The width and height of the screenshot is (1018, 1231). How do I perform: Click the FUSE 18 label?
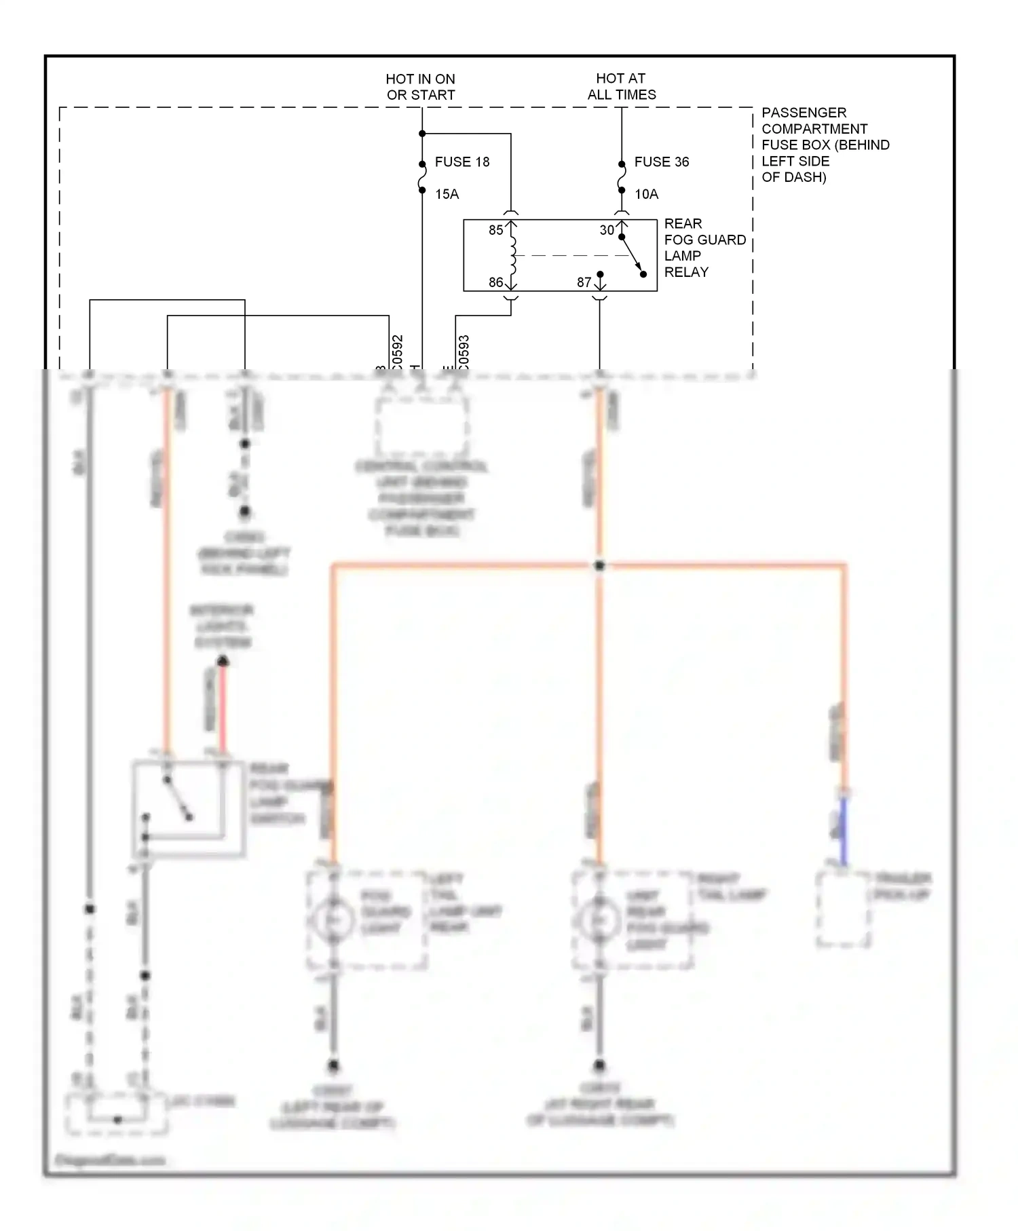point(461,162)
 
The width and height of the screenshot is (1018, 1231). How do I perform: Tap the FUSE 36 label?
point(661,162)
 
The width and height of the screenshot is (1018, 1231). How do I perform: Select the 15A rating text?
point(447,194)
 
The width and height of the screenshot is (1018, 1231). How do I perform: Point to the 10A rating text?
point(646,194)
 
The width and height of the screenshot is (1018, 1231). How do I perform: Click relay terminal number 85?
point(495,230)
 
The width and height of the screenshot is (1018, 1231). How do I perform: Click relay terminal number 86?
point(495,282)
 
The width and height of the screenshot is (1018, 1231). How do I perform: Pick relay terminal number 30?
point(606,230)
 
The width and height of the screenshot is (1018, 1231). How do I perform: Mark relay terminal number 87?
point(584,282)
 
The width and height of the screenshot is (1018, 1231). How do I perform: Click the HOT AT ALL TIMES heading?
point(622,87)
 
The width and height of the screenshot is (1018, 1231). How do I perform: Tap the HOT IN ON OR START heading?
point(421,87)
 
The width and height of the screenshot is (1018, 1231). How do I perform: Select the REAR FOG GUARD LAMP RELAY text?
point(704,248)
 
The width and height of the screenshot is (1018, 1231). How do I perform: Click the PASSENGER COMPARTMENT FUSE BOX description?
point(825,145)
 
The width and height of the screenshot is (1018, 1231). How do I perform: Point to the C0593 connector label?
point(464,352)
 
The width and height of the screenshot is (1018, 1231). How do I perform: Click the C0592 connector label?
point(398,352)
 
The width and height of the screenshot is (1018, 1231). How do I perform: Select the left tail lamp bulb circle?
point(333,920)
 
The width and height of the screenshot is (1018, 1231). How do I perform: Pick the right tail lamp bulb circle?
point(599,920)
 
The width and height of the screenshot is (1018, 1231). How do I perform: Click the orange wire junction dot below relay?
point(599,565)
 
